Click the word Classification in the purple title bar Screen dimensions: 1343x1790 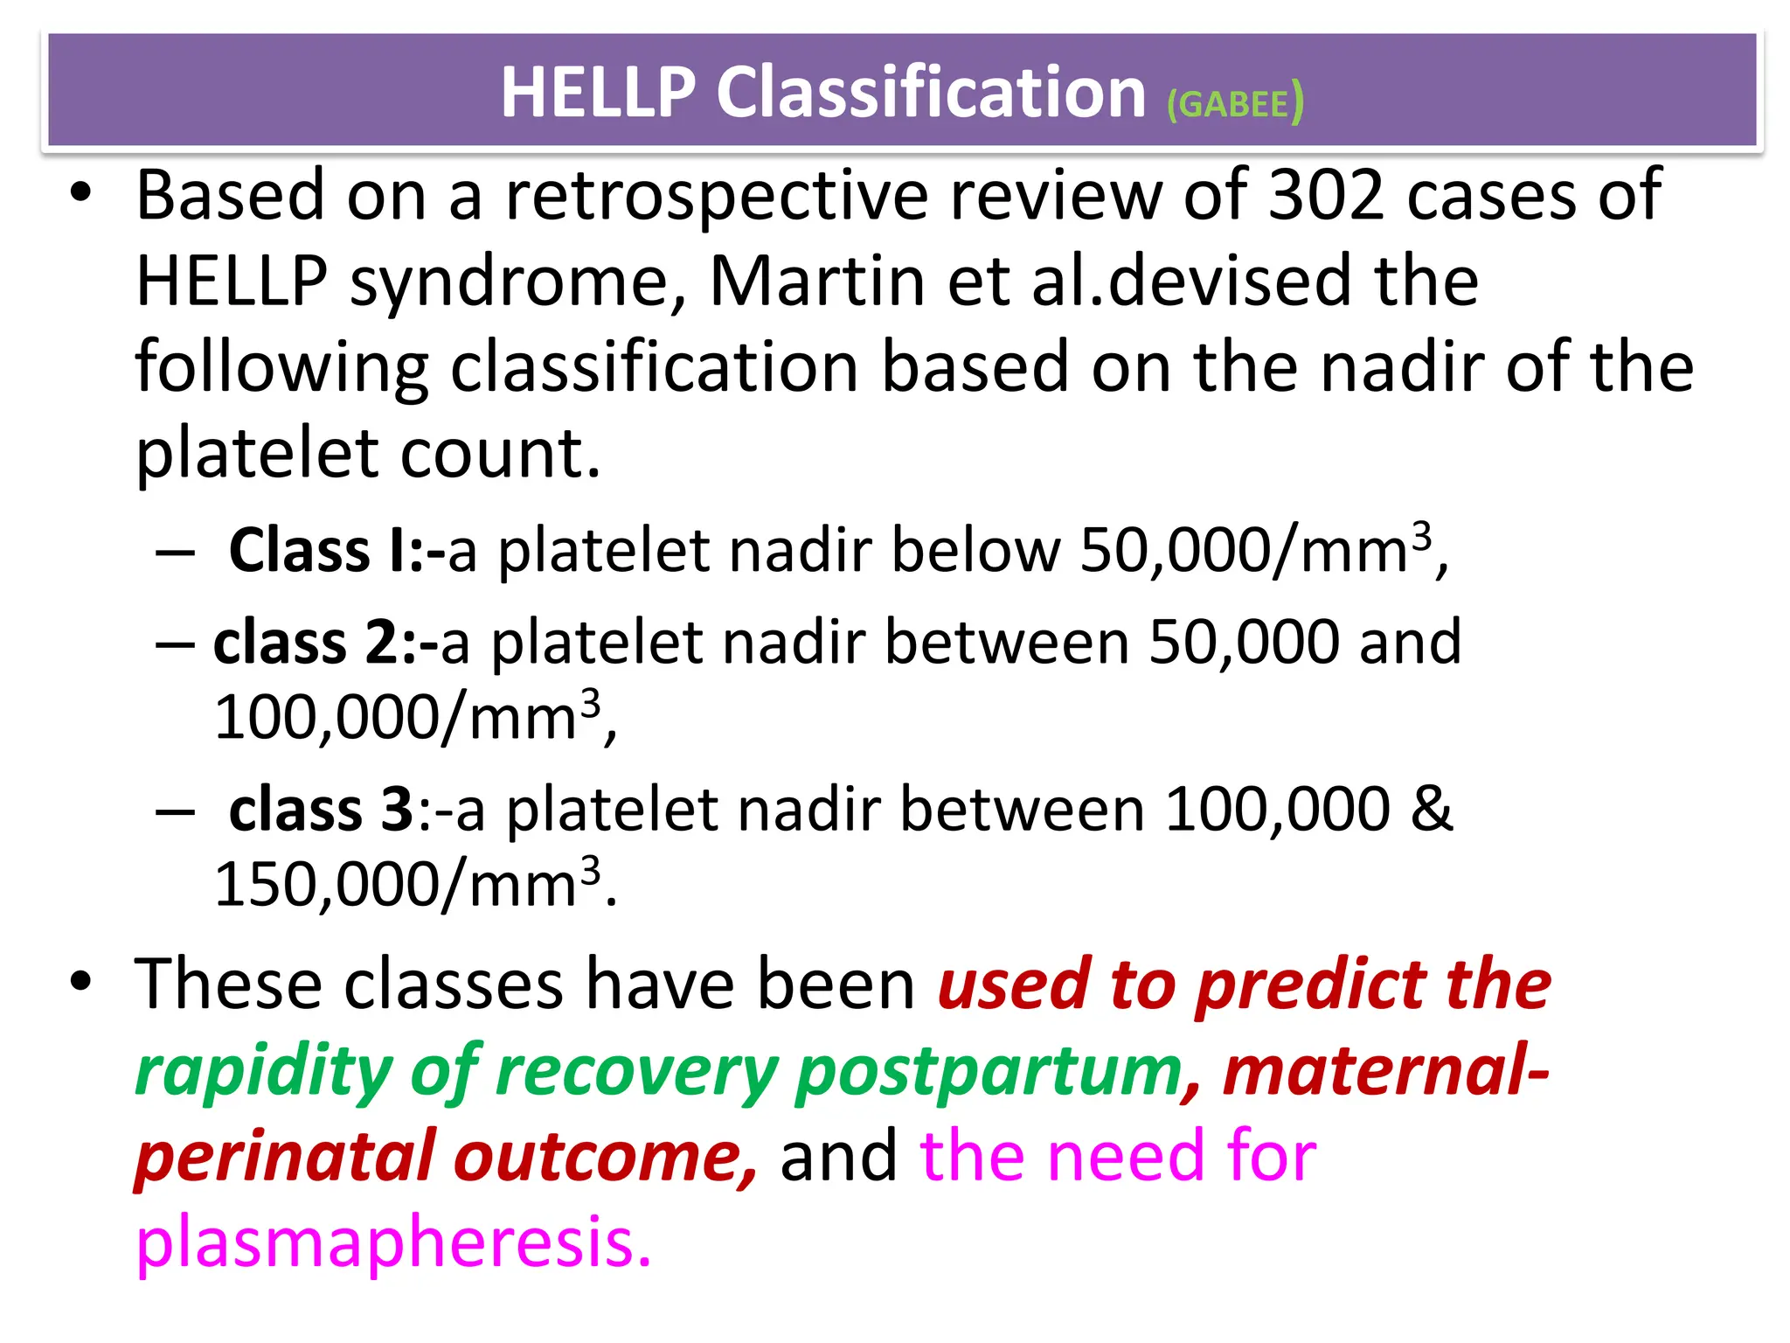(x=930, y=93)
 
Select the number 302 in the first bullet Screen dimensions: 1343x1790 (x=1326, y=195)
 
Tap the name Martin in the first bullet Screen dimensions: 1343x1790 (x=816, y=282)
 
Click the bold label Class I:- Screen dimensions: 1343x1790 (x=336, y=551)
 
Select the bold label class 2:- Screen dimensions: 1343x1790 (x=325, y=643)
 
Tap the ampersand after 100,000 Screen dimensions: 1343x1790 (x=1432, y=810)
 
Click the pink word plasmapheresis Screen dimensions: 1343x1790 (x=393, y=1242)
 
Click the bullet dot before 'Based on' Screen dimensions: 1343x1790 (x=80, y=194)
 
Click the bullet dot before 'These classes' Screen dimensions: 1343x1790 (x=80, y=983)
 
